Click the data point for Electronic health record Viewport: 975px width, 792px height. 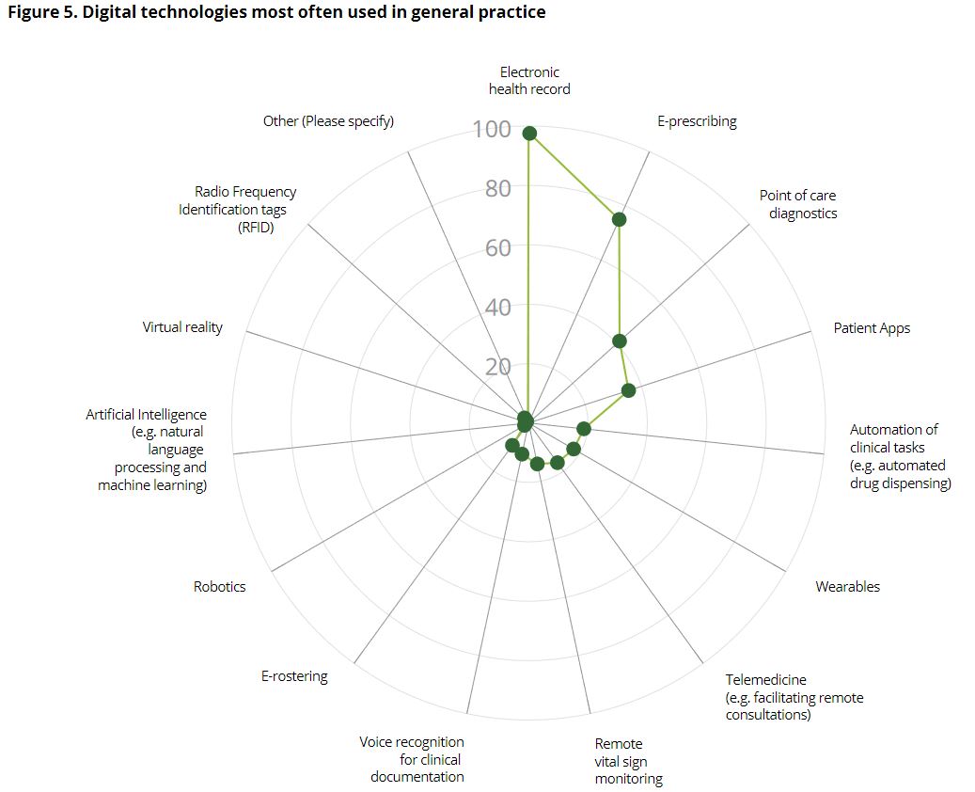click(529, 134)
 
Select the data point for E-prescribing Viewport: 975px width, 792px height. click(619, 219)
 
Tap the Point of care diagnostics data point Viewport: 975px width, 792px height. click(619, 341)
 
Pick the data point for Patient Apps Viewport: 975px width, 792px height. click(628, 390)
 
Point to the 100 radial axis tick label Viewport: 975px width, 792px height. click(492, 130)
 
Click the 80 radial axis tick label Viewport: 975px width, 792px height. click(498, 189)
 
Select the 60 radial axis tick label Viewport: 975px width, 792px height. click(498, 248)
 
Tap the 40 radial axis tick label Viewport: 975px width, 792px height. click(498, 308)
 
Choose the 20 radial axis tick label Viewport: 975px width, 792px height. click(498, 367)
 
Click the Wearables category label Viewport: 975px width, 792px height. click(847, 587)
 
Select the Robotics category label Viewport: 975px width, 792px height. click(219, 587)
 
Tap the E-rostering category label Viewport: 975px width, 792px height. click(294, 676)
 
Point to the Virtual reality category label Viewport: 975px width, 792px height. click(182, 327)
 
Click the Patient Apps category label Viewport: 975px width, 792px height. click(872, 328)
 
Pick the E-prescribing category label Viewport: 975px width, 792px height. click(697, 121)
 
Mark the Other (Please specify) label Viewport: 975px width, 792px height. click(328, 121)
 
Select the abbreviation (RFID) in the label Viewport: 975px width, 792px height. click(256, 227)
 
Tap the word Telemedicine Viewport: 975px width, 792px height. click(765, 680)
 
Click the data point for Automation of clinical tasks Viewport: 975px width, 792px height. click(583, 429)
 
